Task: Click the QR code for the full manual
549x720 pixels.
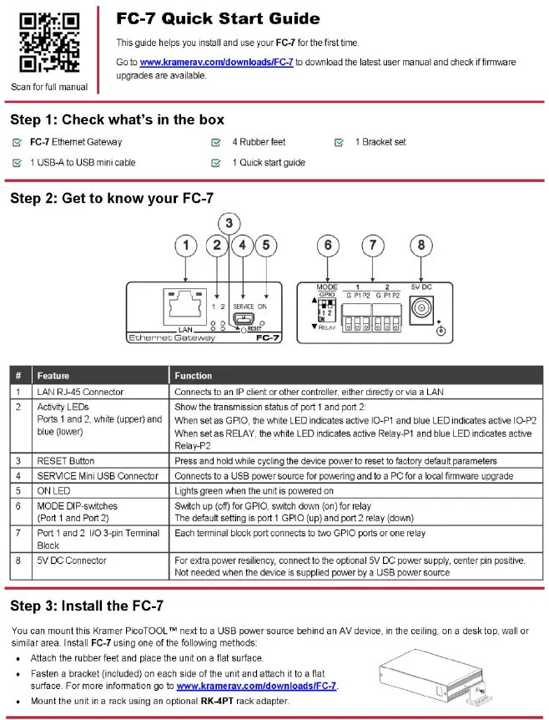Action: [49, 43]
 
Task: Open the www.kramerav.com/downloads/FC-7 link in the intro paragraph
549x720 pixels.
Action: [216, 62]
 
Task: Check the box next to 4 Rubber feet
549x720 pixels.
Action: [215, 142]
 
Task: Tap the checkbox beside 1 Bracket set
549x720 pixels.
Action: [339, 142]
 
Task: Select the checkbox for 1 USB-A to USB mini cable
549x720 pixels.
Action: [17, 163]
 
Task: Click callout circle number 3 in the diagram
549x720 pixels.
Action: [229, 224]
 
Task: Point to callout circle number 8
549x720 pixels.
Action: [421, 246]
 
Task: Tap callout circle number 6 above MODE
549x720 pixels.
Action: [328, 246]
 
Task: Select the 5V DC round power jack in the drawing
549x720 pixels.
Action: [421, 307]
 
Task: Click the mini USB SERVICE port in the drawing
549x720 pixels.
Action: [241, 317]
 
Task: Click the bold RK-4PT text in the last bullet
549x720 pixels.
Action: [217, 701]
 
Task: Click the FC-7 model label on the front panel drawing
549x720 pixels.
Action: [267, 338]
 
